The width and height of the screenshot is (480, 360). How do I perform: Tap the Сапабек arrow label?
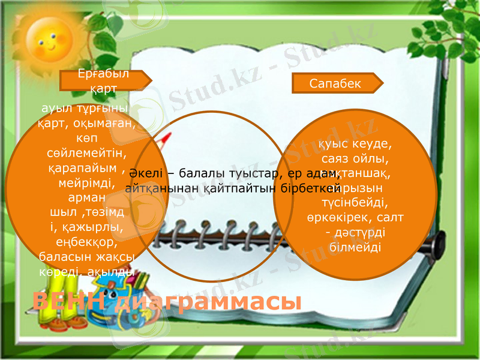336,83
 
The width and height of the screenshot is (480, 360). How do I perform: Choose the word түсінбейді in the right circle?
354,202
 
